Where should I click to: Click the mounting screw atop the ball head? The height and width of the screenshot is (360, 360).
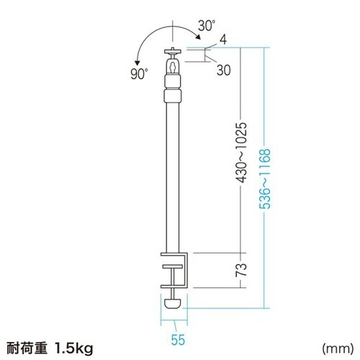[x=174, y=50]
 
